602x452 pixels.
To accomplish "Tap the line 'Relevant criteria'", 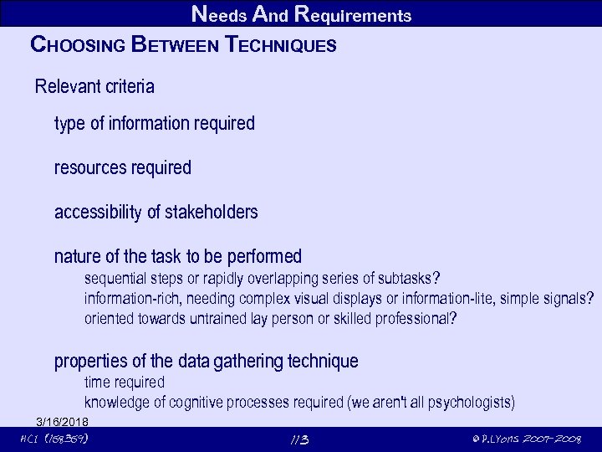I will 94,86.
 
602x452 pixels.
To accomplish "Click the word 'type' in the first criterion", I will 69,124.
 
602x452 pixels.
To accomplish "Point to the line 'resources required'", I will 123,167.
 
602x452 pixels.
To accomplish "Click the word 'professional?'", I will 416,319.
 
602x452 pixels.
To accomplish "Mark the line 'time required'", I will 125,383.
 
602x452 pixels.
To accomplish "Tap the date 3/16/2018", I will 63,420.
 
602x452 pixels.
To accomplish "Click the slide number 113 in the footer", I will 299,440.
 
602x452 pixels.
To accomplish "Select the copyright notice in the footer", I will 526,440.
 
